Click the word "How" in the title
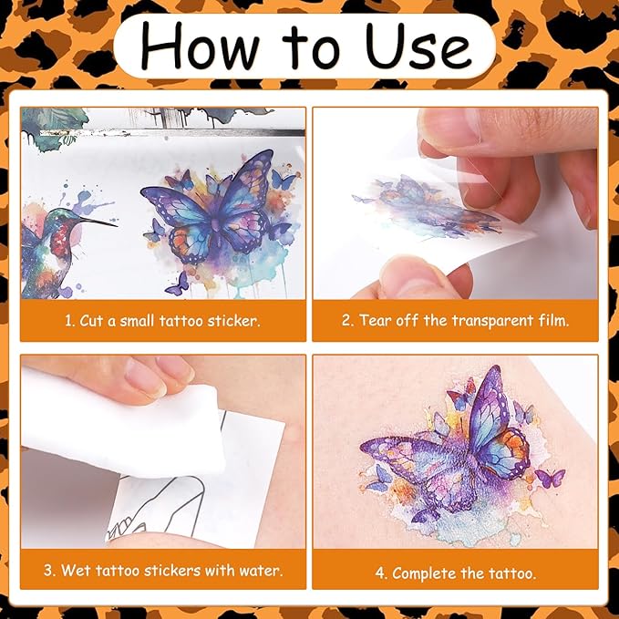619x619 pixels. (200, 46)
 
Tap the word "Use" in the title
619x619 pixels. (418, 46)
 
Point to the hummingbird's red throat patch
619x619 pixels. (60, 239)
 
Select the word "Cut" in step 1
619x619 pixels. (91, 321)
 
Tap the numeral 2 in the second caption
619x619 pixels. (346, 320)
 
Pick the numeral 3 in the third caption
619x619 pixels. (48, 571)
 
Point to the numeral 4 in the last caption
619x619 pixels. (380, 573)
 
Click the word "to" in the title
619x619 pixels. (311, 49)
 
